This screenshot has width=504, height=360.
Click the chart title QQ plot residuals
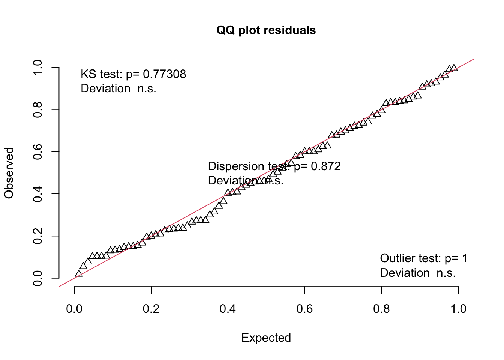(x=266, y=30)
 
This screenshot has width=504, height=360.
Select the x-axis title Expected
(x=266, y=337)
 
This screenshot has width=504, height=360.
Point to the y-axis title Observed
(x=9, y=172)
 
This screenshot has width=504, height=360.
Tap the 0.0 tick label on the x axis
(x=74, y=309)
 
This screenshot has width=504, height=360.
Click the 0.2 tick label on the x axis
(x=151, y=309)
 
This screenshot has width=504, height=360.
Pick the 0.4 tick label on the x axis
(x=228, y=309)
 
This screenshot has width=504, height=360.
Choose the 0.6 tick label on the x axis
(x=304, y=309)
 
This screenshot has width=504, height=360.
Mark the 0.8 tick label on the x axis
(x=381, y=309)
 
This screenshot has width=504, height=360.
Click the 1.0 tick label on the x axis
(x=458, y=309)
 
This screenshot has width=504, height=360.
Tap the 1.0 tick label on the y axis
(x=37, y=67)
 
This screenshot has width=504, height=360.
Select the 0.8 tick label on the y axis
(x=37, y=109)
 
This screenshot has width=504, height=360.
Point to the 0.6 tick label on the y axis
(x=37, y=152)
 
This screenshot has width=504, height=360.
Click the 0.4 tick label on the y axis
(x=37, y=194)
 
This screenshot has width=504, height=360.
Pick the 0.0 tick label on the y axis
(x=37, y=278)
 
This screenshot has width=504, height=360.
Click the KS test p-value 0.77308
(x=165, y=74)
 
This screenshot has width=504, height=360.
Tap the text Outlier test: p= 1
(x=424, y=258)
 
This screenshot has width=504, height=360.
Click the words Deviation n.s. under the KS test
(x=118, y=88)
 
